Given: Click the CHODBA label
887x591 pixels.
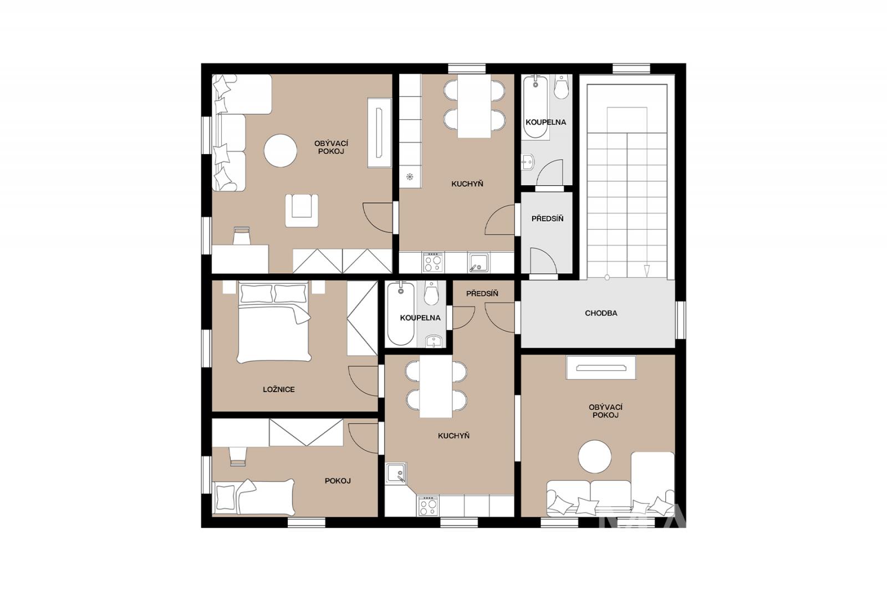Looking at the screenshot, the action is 601,313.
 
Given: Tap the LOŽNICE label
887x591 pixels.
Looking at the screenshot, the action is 279,389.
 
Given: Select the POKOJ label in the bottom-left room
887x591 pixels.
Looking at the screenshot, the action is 338,481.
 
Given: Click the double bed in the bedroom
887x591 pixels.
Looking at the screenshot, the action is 274,321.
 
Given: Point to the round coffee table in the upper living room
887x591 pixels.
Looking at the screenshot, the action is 281,151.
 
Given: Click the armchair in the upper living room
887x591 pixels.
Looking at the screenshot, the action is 302,210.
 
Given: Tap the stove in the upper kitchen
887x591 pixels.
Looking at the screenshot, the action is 433,262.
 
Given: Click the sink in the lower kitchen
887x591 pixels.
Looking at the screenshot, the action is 396,473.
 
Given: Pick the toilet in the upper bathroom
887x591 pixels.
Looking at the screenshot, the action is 561,86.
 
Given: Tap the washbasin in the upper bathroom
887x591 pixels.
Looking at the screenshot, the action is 527,162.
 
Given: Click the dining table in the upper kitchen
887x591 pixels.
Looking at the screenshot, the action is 475,106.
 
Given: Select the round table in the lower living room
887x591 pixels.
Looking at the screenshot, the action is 595,456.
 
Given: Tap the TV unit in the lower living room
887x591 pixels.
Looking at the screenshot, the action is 601,368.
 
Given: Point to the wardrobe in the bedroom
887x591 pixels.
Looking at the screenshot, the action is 363,318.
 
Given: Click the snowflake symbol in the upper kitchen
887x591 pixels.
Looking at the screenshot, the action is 410,177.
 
